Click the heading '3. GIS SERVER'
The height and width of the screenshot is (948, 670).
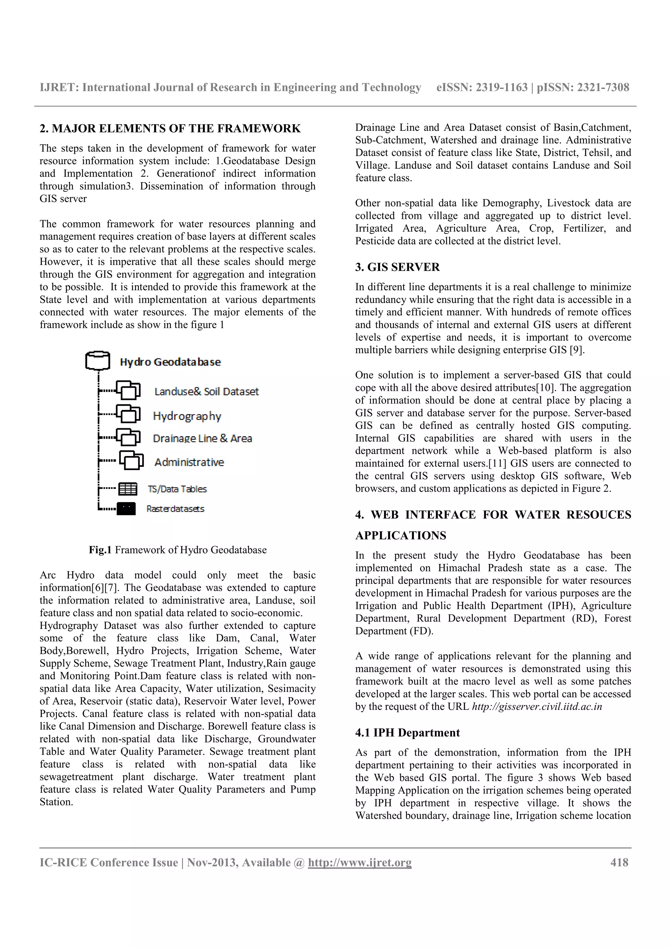point(397,267)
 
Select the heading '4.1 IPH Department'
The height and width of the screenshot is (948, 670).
point(407,732)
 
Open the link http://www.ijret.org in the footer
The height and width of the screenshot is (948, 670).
point(360,863)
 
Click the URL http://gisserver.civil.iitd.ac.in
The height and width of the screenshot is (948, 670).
point(537,707)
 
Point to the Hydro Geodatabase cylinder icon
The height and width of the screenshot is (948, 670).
point(97,360)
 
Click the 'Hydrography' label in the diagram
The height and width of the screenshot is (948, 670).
point(187,416)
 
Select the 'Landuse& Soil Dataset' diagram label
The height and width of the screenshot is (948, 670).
point(206,392)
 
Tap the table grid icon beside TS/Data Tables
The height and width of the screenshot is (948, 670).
point(128,489)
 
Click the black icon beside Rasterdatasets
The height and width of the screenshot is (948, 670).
point(126,509)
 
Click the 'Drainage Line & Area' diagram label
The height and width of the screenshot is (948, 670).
point(202,438)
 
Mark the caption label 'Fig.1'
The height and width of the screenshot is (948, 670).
point(100,550)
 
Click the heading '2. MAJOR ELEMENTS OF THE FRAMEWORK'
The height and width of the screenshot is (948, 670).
point(170,129)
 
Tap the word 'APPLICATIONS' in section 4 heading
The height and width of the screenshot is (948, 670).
point(400,535)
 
